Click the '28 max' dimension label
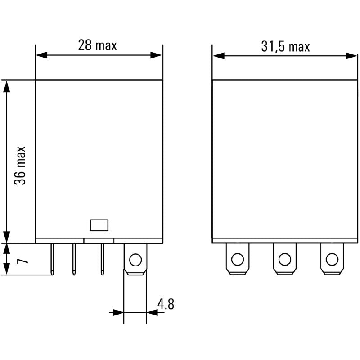97,45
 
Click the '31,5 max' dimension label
285,47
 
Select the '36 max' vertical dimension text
20,165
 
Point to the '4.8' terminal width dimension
165,304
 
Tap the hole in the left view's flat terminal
135,259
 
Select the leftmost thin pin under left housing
53,259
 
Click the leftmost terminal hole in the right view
237,259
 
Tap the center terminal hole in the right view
284,259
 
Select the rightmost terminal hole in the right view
332,259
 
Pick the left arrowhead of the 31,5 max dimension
218,55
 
